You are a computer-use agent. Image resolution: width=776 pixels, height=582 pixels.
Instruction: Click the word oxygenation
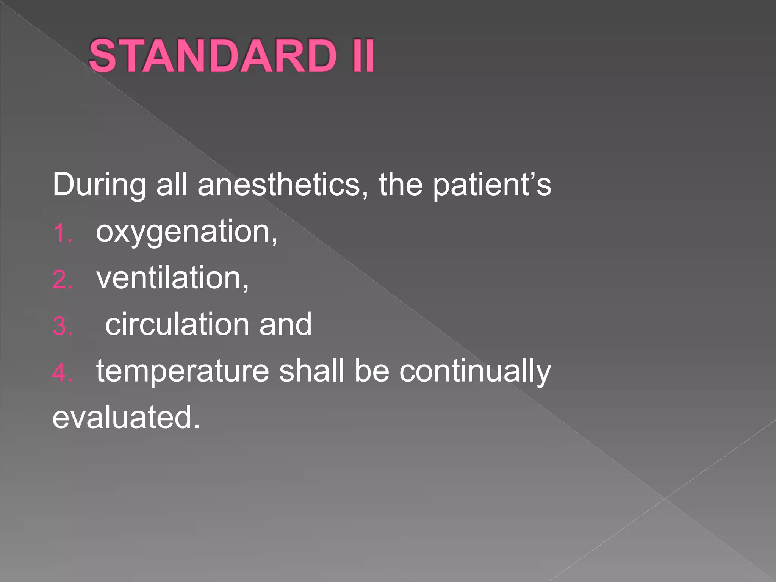(x=186, y=232)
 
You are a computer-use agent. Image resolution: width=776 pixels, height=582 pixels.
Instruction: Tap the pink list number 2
(x=62, y=280)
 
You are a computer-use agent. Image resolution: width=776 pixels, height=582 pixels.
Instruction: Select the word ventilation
(x=172, y=278)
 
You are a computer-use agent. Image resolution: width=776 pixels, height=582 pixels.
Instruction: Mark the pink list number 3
(x=62, y=326)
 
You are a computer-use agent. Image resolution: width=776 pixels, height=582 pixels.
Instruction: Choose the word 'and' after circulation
(x=285, y=324)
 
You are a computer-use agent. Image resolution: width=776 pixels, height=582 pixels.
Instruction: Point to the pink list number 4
(x=62, y=373)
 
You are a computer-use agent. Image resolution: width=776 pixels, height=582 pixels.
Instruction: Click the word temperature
(x=183, y=371)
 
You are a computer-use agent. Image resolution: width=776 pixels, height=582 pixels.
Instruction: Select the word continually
(x=475, y=371)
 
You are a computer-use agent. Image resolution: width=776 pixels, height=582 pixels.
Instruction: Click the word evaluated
(x=126, y=417)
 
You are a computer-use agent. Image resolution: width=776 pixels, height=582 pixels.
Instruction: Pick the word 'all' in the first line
(x=172, y=185)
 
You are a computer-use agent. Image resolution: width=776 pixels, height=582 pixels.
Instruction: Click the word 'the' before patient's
(x=401, y=185)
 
